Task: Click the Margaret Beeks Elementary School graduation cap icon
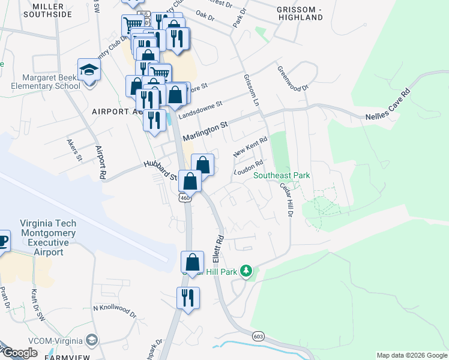click(x=88, y=70)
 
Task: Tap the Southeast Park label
click(x=282, y=175)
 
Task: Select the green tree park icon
click(x=246, y=271)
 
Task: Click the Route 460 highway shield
click(x=184, y=197)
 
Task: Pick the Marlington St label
click(x=206, y=128)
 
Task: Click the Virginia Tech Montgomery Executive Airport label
click(x=49, y=237)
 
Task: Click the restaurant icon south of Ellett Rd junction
click(x=188, y=298)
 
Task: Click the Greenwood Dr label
click(x=292, y=78)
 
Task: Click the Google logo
click(x=20, y=353)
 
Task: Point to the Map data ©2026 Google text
click(x=412, y=356)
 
